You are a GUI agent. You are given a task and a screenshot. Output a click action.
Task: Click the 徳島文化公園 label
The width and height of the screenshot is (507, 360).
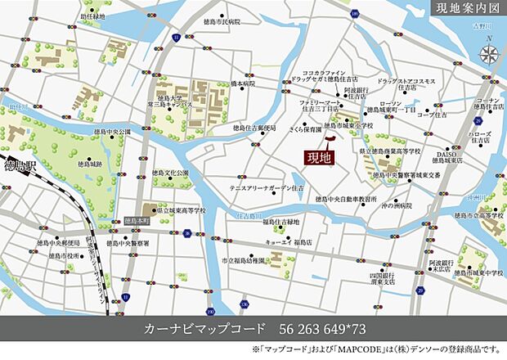(x=170, y=173)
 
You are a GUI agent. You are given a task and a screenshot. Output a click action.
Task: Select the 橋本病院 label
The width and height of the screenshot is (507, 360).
(x=243, y=83)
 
